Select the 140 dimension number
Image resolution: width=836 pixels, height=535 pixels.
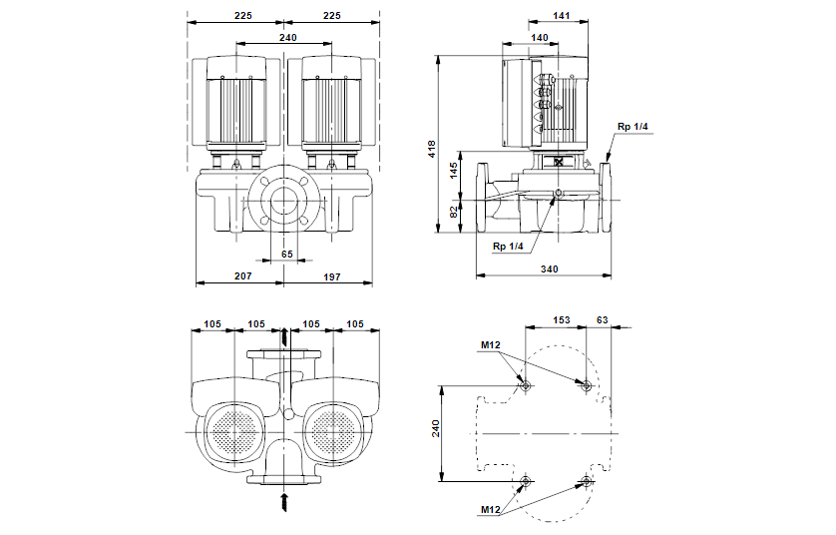tap(540, 37)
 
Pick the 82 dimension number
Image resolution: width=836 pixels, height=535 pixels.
tap(454, 212)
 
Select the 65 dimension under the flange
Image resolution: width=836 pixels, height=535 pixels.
tap(287, 255)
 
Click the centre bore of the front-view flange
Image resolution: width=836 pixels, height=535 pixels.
tap(286, 201)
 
